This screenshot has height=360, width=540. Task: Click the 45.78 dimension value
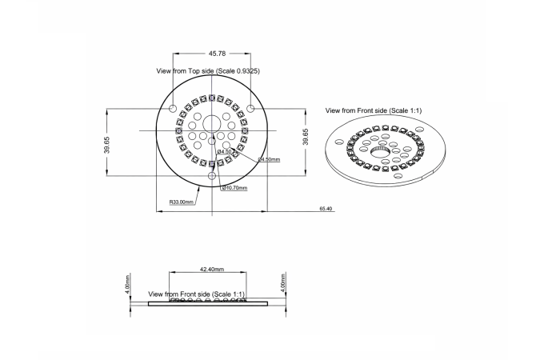coord(217,54)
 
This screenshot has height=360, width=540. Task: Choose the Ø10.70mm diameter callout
coord(234,189)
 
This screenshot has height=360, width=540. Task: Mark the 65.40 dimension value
coord(326,209)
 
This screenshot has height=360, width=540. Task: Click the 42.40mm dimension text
coord(212,270)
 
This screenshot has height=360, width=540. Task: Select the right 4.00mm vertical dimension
coord(283,284)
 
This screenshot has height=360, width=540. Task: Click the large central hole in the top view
coord(211,123)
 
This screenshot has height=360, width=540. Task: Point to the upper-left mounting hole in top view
coord(173,107)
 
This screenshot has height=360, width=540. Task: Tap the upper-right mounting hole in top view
coord(250,107)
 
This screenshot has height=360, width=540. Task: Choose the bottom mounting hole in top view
coord(211,175)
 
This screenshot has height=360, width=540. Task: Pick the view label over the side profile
coord(197,294)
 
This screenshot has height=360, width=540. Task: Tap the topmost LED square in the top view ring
coord(211,98)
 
